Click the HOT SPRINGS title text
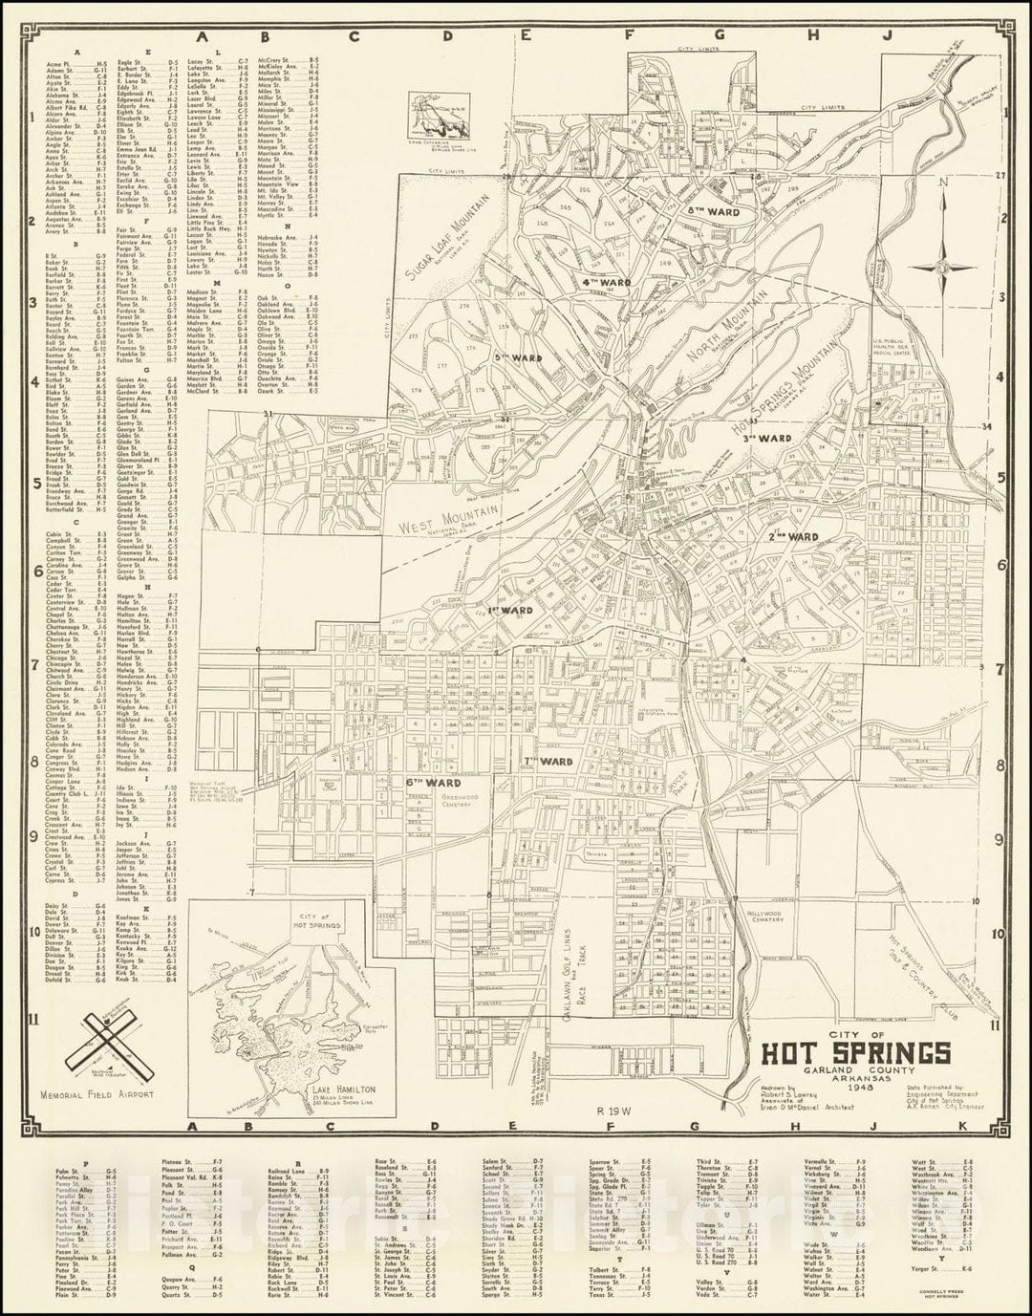[855, 1052]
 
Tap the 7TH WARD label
[548, 762]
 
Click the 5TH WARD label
[518, 358]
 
